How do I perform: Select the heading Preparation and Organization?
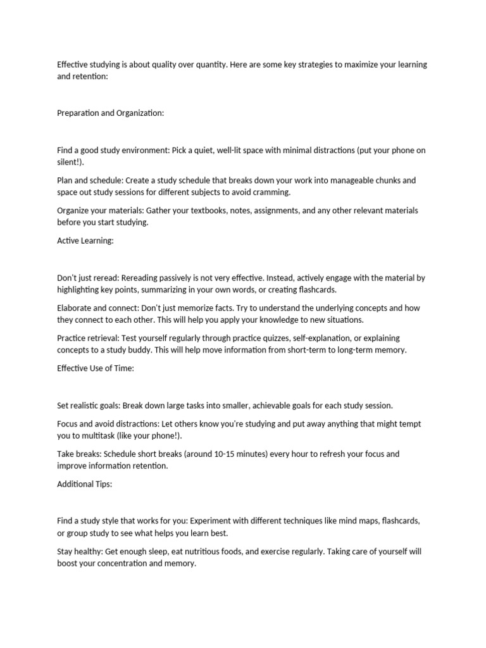(110, 113)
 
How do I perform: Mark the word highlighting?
(82, 289)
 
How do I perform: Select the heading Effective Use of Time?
(95, 368)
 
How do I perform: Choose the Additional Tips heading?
(85, 484)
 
